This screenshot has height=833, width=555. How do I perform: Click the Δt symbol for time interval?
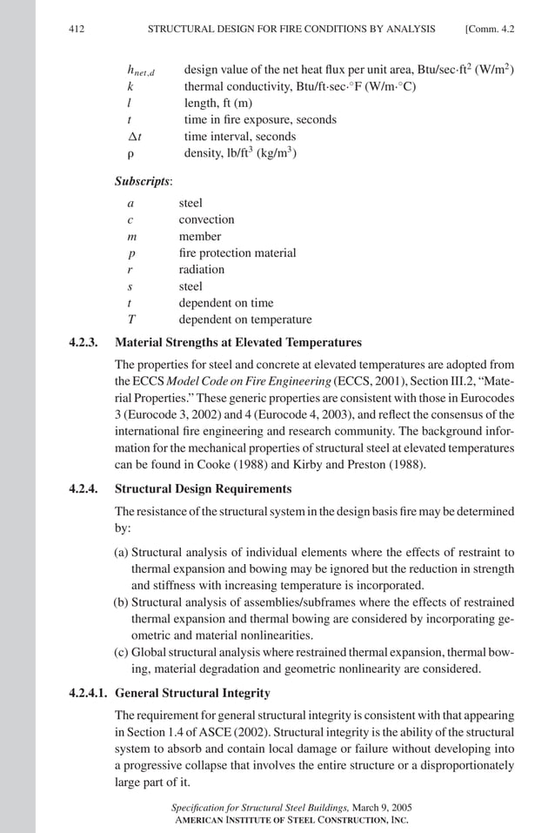(x=134, y=137)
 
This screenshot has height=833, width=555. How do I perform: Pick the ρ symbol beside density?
(x=129, y=153)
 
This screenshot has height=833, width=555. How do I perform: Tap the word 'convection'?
(x=206, y=220)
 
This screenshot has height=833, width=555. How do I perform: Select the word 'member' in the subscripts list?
(x=200, y=237)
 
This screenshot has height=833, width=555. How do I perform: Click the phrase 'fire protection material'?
(x=237, y=253)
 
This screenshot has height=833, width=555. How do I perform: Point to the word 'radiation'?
(x=202, y=270)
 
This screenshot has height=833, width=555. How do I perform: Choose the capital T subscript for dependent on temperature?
(x=130, y=319)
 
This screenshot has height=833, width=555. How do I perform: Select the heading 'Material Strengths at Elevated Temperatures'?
(x=237, y=342)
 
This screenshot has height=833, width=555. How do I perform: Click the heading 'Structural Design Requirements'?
(x=203, y=489)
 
